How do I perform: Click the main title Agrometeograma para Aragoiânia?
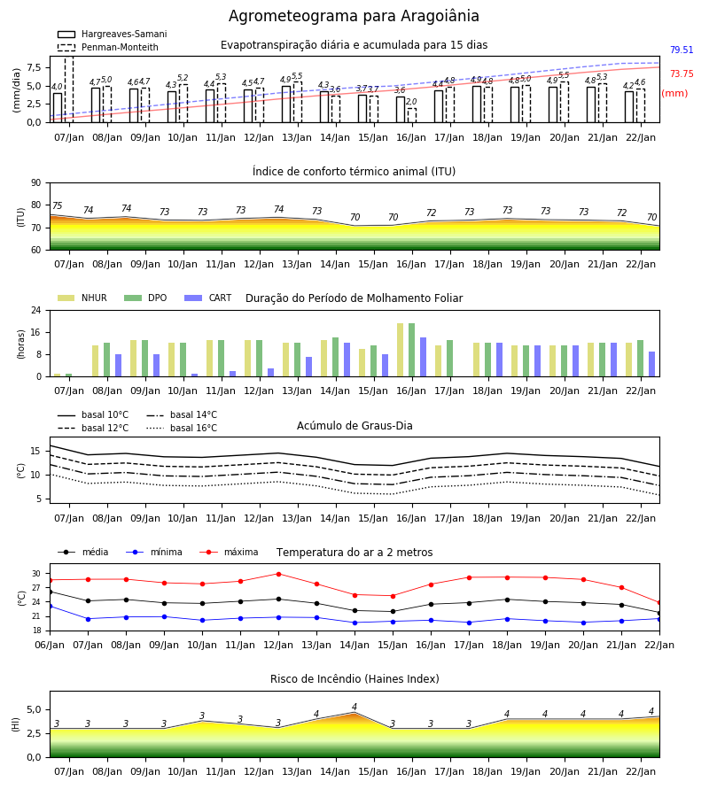click(354, 16)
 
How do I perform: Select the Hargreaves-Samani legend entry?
click(113, 34)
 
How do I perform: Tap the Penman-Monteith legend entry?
click(108, 47)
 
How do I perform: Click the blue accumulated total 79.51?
click(682, 50)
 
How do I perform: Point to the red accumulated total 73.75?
click(682, 74)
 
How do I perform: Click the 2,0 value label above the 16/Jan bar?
click(411, 102)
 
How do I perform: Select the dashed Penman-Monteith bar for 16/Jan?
click(411, 115)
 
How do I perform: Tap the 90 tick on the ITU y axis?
click(36, 183)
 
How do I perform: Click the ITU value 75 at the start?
click(57, 205)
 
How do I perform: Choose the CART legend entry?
click(208, 298)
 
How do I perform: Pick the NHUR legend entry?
click(82, 298)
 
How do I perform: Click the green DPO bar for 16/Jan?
click(411, 350)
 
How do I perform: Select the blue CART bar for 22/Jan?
click(652, 364)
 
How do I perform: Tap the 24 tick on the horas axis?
click(36, 310)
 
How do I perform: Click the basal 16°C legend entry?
click(182, 428)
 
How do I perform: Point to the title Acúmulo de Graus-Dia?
click(354, 426)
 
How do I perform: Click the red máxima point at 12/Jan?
click(278, 574)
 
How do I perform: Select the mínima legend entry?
click(154, 552)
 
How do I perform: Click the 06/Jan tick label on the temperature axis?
click(50, 645)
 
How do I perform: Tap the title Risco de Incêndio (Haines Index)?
click(354, 679)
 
